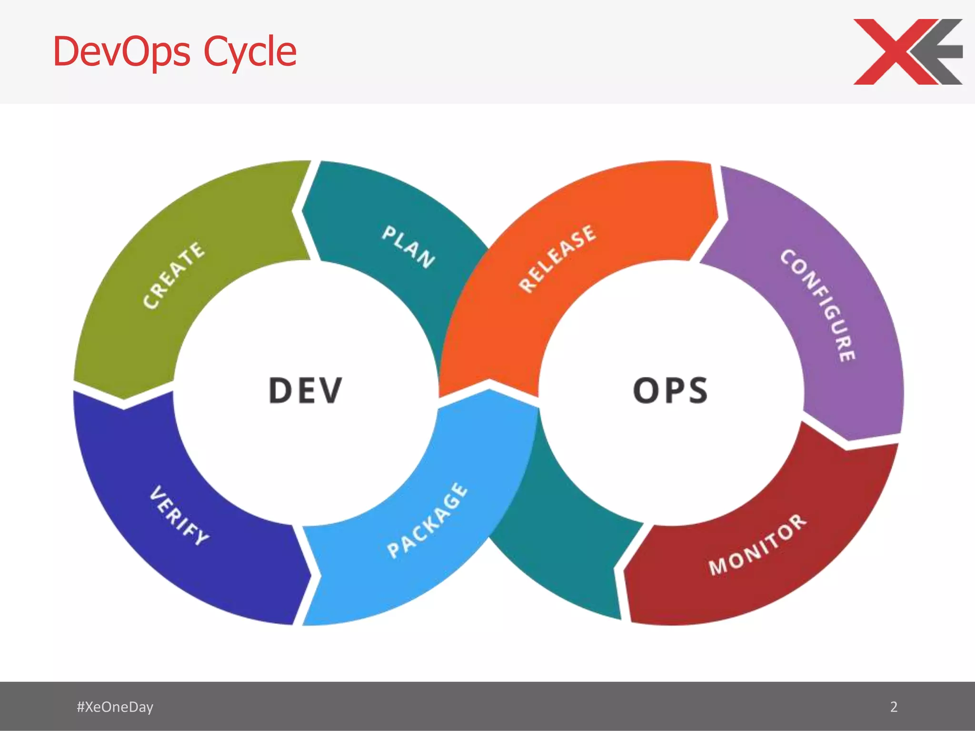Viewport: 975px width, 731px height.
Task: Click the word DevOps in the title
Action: point(121,51)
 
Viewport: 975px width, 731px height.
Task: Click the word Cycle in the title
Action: point(250,51)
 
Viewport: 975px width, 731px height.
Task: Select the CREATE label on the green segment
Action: point(174,275)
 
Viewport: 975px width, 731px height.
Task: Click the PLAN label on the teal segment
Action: point(408,247)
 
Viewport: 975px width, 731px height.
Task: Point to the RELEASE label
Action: point(557,258)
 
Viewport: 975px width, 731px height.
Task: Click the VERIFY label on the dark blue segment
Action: point(179,515)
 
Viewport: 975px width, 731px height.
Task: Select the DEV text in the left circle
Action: point(305,390)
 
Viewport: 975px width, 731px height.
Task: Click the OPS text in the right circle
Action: point(670,390)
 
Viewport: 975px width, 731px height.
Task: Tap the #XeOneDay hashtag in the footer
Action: point(115,707)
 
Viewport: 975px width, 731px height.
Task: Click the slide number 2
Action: point(894,707)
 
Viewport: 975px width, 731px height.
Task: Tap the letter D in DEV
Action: point(279,390)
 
